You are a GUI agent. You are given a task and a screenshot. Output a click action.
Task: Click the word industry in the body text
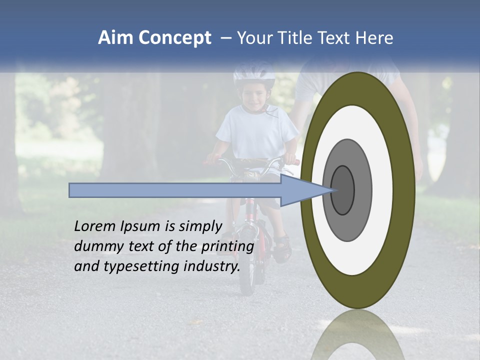[212, 266]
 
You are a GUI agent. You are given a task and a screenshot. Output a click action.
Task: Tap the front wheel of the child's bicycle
[246, 270]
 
